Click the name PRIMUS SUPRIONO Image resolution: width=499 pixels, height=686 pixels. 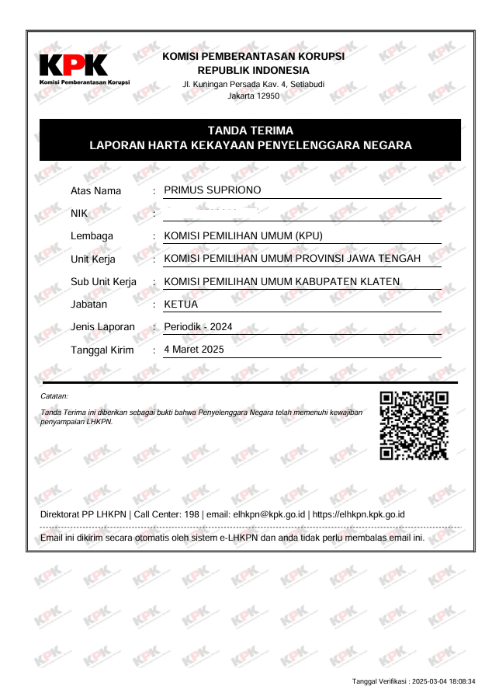click(213, 190)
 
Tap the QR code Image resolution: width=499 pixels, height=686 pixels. click(414, 425)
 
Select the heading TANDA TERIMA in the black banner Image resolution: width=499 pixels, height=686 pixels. click(250, 131)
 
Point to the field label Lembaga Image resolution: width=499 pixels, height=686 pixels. click(92, 236)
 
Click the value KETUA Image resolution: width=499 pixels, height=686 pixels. click(181, 305)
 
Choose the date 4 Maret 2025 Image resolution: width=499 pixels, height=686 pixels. click(194, 350)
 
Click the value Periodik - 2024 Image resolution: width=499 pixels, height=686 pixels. click(198, 327)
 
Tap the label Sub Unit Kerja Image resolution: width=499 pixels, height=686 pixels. click(103, 281)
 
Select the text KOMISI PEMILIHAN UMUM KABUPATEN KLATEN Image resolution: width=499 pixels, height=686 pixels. click(282, 281)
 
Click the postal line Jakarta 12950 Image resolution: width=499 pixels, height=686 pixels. click(253, 96)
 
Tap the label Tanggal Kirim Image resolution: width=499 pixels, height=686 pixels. click(102, 350)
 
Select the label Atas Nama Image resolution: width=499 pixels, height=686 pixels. click(95, 190)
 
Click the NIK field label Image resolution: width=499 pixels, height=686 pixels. click(80, 213)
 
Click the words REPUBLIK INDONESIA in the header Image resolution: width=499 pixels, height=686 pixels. click(253, 70)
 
